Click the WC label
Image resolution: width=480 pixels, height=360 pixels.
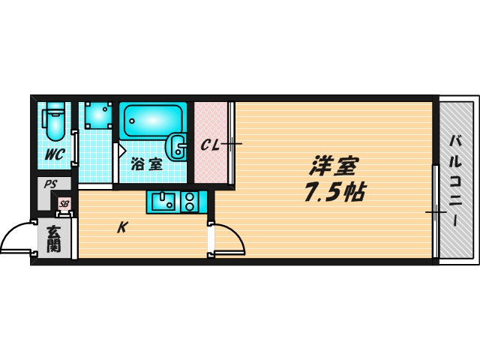tap(54, 155)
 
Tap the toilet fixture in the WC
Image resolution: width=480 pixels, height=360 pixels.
tap(54, 121)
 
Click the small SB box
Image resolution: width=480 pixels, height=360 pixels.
tap(64, 203)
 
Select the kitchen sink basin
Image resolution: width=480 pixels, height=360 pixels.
tap(163, 201)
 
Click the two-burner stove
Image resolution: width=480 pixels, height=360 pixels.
tap(189, 201)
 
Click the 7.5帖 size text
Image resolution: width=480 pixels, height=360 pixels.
tap(334, 193)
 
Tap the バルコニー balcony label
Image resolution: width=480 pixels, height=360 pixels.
tap(455, 180)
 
